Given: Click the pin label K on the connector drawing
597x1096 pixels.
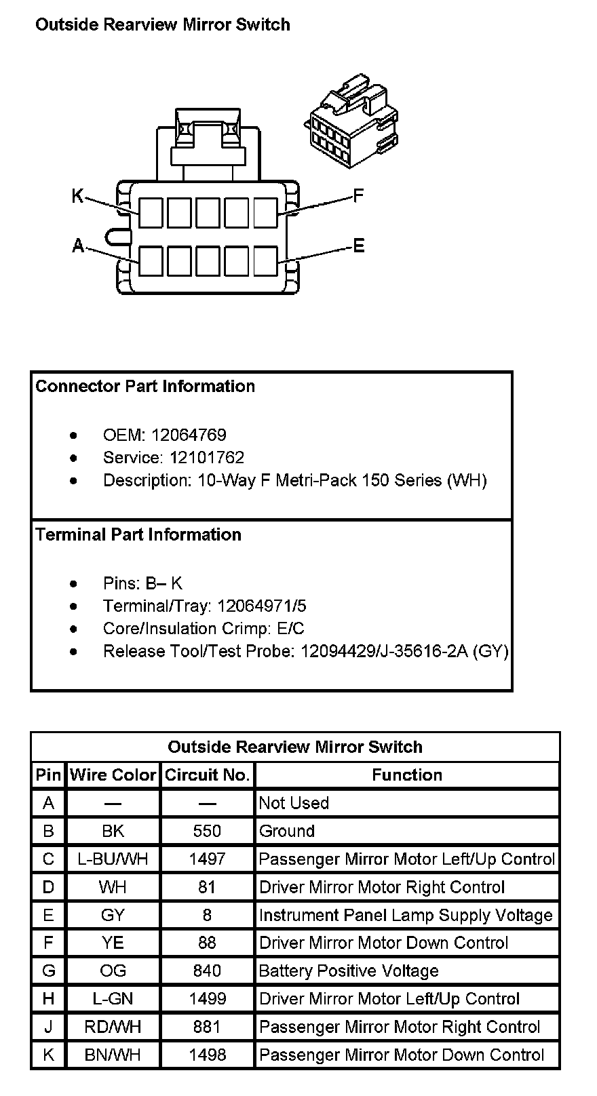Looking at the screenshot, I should pyautogui.click(x=77, y=197).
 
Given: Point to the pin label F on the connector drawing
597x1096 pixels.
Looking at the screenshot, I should pyautogui.click(x=359, y=197).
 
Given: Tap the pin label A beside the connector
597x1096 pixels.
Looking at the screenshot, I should pyautogui.click(x=78, y=246).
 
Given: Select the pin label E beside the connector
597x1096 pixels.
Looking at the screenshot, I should pyautogui.click(x=359, y=246).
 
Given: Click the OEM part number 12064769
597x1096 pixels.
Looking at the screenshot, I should pyautogui.click(x=189, y=435).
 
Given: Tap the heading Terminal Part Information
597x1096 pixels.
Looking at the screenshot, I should pyautogui.click(x=138, y=534).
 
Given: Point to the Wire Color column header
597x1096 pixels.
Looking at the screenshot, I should pyautogui.click(x=113, y=775).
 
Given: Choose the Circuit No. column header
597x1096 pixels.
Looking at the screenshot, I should pyautogui.click(x=208, y=775).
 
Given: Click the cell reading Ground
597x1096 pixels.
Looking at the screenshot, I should pyautogui.click(x=287, y=831).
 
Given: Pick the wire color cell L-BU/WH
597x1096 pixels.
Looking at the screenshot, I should pyautogui.click(x=113, y=859).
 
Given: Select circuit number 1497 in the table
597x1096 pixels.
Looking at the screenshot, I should pyautogui.click(x=207, y=859).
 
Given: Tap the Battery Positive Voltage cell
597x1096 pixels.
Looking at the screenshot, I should pyautogui.click(x=349, y=971).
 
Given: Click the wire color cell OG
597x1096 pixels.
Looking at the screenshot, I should pyautogui.click(x=113, y=971).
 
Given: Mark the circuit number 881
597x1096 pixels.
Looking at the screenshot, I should pyautogui.click(x=207, y=1027).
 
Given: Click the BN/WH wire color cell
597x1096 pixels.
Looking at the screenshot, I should pyautogui.click(x=113, y=1055).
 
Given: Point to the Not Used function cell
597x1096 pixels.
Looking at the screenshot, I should pyautogui.click(x=294, y=803).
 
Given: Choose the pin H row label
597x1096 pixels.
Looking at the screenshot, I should pyautogui.click(x=48, y=998).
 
